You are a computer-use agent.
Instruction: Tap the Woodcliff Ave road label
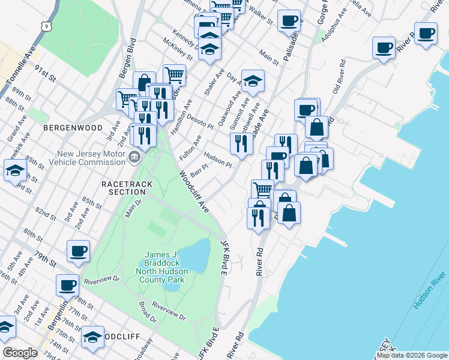click(193, 192)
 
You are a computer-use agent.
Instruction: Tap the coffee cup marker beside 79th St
click(78, 251)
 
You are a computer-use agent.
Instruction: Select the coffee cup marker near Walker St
click(289, 20)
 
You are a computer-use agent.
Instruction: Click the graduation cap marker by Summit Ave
click(253, 80)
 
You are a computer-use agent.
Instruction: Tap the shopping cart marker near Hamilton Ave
click(174, 75)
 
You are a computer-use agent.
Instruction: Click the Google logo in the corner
click(20, 353)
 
